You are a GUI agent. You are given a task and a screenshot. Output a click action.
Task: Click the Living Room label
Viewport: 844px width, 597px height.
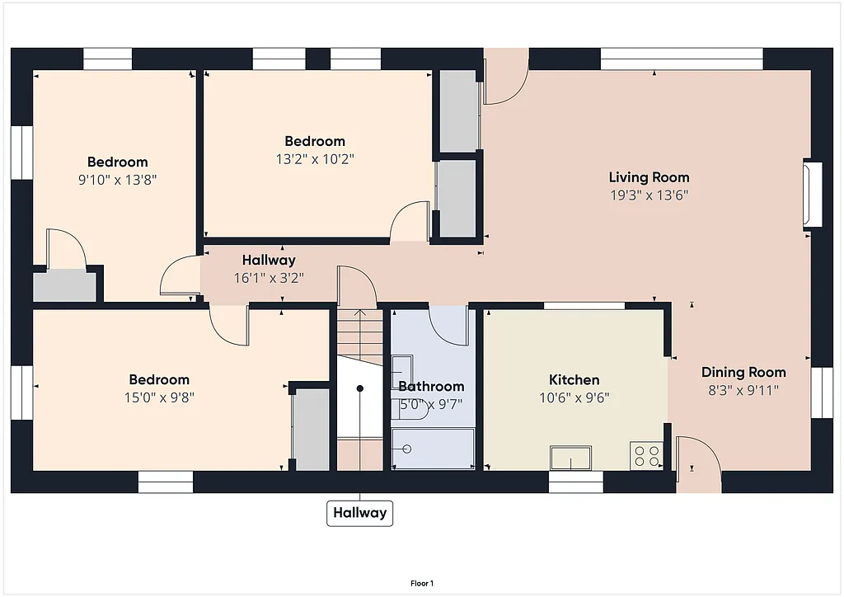click(649, 177)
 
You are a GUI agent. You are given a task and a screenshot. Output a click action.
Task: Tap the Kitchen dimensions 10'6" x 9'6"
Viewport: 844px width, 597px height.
click(574, 397)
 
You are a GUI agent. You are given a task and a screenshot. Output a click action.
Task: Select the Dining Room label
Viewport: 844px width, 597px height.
click(743, 373)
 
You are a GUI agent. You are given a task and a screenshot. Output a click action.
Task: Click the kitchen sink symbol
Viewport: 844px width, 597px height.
click(571, 457)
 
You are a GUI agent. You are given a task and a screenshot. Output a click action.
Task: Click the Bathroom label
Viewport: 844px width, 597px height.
click(431, 386)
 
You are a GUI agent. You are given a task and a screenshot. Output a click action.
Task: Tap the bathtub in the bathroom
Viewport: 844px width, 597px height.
click(434, 449)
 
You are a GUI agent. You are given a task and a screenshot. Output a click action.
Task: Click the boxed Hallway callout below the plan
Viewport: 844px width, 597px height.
click(359, 513)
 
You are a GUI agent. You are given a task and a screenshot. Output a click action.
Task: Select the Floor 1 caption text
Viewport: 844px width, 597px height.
click(421, 583)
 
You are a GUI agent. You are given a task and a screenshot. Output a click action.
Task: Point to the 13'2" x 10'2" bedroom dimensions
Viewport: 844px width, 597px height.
click(315, 158)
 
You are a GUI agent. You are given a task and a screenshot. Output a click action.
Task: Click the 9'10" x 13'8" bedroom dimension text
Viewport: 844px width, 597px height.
click(117, 179)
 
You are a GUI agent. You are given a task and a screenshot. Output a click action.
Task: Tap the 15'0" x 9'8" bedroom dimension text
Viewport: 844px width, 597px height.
click(159, 397)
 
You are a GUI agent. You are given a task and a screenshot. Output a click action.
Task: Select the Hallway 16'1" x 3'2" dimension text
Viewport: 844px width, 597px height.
click(269, 278)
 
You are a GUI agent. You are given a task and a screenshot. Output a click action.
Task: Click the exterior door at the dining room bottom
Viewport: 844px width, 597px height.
click(697, 467)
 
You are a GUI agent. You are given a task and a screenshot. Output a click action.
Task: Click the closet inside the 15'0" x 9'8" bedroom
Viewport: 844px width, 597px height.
click(312, 429)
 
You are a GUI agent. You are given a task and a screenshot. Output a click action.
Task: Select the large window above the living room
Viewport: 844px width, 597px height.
click(681, 59)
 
